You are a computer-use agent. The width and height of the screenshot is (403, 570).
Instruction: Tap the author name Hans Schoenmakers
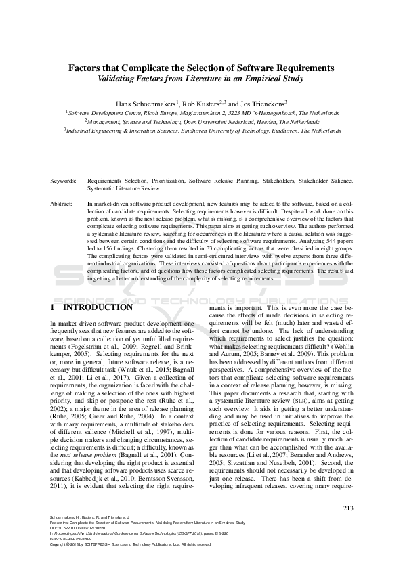(x=146, y=103)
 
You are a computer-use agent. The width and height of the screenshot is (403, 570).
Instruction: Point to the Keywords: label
(x=63, y=182)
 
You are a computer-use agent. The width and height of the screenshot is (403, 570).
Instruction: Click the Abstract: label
(x=62, y=202)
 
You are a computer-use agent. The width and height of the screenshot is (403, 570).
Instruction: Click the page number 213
(x=349, y=527)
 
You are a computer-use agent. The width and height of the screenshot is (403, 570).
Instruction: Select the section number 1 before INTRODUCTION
(x=53, y=307)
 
